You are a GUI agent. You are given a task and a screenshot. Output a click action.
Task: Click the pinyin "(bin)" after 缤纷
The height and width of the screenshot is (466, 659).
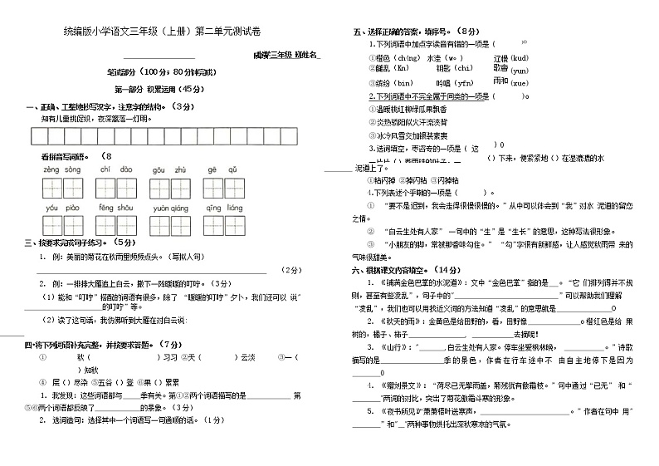[x=403, y=84]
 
